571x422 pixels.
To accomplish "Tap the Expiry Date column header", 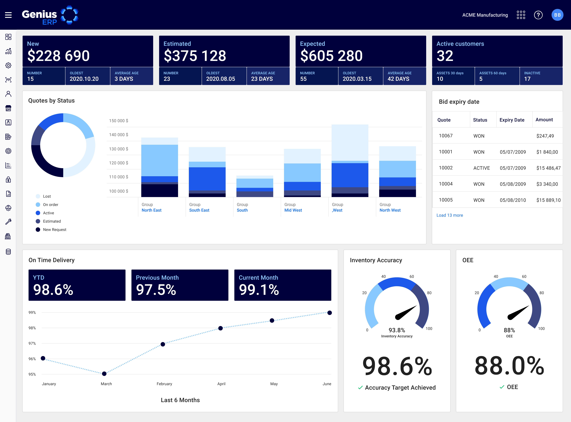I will coord(512,120).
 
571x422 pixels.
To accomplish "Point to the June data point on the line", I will coord(330,313).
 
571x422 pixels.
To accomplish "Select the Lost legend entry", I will coord(47,196).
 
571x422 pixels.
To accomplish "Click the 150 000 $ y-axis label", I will coord(119,121).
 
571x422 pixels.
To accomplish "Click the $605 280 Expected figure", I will coord(331,56).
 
